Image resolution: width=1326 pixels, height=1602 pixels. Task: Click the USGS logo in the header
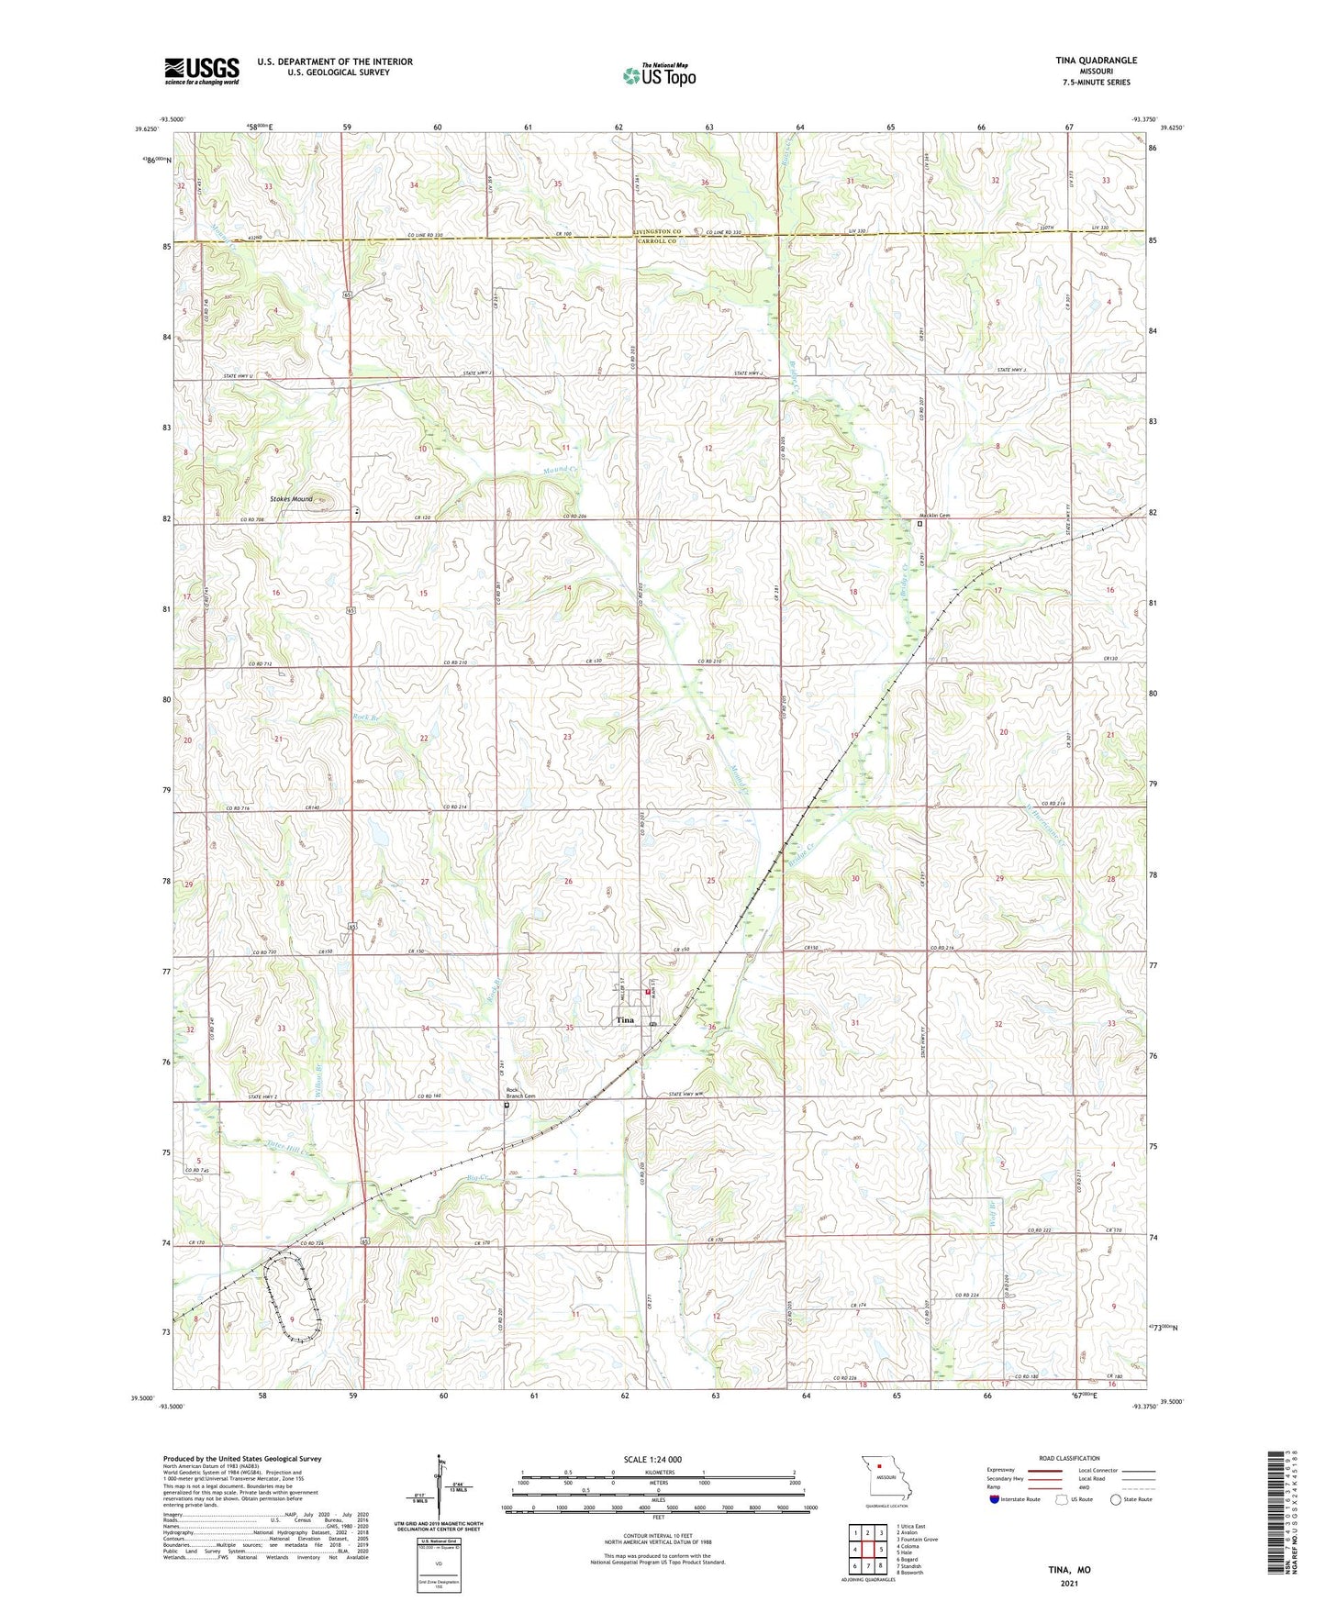click(x=201, y=71)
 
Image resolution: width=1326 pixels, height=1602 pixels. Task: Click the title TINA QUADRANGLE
click(x=1096, y=61)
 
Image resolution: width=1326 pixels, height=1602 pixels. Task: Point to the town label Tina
click(x=625, y=1020)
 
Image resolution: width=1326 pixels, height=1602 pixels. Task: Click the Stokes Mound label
click(x=291, y=499)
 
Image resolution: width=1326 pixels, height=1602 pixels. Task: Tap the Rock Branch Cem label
click(x=520, y=1094)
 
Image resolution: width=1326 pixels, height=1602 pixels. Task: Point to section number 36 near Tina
click(x=711, y=1027)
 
